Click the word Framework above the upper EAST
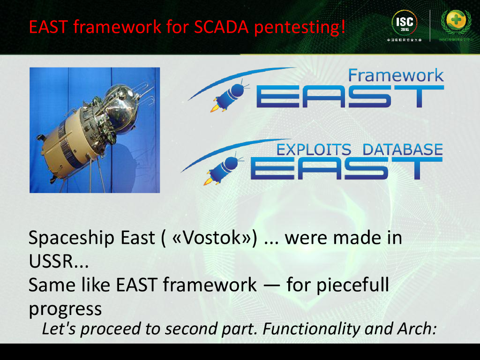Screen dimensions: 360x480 point(396,75)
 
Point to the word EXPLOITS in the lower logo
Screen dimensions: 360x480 point(314,150)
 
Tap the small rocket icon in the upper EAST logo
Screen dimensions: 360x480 point(227,96)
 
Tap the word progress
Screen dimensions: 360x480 point(65,308)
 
